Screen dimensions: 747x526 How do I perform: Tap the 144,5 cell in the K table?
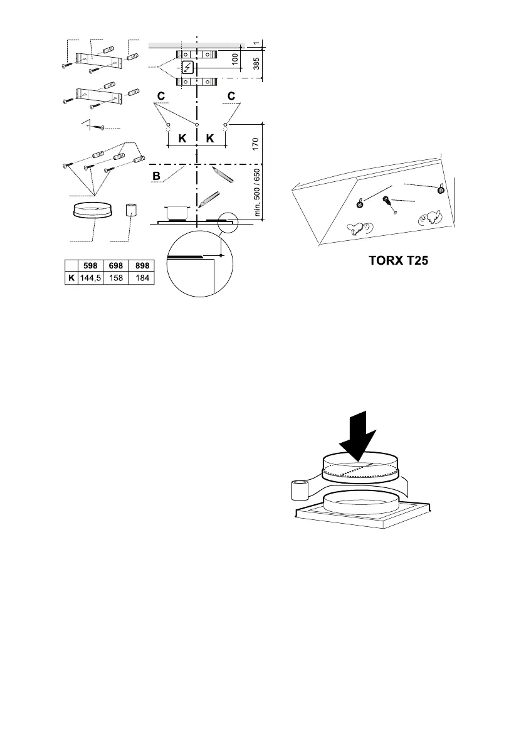pos(90,277)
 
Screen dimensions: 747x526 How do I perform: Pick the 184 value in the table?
pos(142,277)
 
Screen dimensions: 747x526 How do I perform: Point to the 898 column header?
pos(142,265)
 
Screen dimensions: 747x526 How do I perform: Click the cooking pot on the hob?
pos(177,211)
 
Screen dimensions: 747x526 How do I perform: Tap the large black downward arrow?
pos(357,432)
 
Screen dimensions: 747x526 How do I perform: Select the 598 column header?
pos(90,265)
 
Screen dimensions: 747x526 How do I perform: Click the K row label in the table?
pos(71,277)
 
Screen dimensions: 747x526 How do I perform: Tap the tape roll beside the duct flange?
pos(299,490)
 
